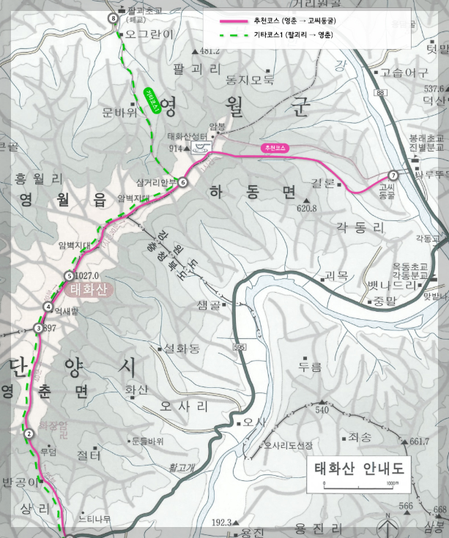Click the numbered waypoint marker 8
[112, 18]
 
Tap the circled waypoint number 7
[393, 175]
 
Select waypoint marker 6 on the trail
[183, 182]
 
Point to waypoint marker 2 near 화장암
[29, 434]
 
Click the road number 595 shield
[239, 345]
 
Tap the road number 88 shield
[379, 93]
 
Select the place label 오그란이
[149, 34]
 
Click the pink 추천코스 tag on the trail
[273, 148]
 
